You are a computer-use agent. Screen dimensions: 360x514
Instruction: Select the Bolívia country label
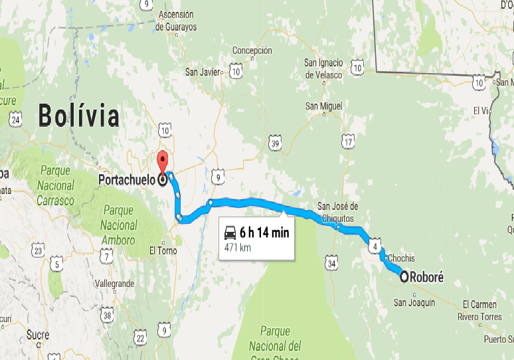click(79, 116)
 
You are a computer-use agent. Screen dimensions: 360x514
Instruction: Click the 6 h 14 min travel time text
click(264, 232)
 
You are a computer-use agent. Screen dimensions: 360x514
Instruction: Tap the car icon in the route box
click(230, 232)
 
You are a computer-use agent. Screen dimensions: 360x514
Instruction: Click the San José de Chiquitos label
click(337, 212)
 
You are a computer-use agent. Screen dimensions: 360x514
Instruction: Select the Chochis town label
click(401, 258)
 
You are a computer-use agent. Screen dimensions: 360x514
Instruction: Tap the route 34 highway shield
click(331, 265)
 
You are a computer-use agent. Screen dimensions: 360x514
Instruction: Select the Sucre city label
click(38, 335)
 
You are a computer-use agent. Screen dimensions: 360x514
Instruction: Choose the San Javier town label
click(202, 72)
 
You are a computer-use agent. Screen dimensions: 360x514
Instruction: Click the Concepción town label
click(252, 50)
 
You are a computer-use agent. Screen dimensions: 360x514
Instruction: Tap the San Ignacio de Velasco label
click(323, 69)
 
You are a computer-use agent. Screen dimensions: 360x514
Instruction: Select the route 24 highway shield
click(16, 120)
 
